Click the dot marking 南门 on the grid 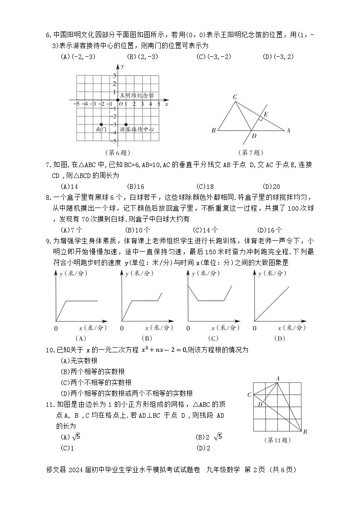click(x=101, y=124)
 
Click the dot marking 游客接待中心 click(x=126, y=124)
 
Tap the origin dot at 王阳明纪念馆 click(x=118, y=99)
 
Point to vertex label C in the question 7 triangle click(x=235, y=97)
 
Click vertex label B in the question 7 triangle click(x=213, y=131)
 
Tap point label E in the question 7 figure click(x=266, y=114)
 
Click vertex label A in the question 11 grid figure click(x=278, y=378)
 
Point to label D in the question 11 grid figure click(x=260, y=404)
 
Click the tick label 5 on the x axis click(x=158, y=104)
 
